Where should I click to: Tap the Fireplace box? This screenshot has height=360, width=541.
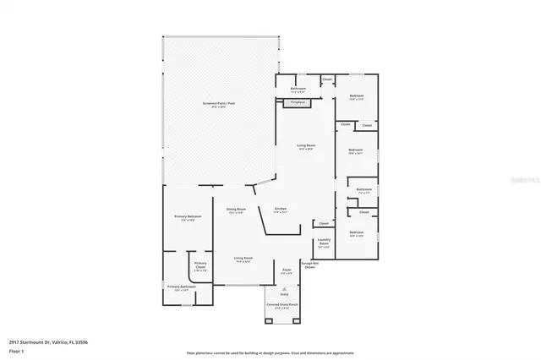[x=298, y=102]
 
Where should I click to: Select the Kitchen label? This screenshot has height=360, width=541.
[x=281, y=210]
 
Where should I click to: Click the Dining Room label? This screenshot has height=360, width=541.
[x=236, y=210]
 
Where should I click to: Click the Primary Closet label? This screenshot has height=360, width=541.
[x=200, y=265]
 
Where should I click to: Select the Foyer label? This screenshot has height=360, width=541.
[x=287, y=271]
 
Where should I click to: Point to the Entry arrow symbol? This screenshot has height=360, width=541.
[x=284, y=288]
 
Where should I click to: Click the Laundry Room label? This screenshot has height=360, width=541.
[x=323, y=242]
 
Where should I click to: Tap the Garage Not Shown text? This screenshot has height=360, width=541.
[x=310, y=265]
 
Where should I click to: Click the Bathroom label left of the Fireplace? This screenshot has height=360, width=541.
[x=298, y=89]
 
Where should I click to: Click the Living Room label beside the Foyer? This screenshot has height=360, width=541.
[x=243, y=259]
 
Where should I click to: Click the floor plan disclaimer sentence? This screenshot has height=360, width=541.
[x=270, y=352]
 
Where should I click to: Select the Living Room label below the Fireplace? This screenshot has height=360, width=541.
[x=305, y=147]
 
